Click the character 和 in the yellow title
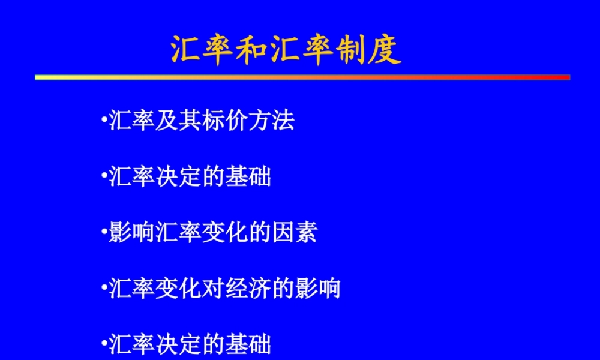tap(254, 50)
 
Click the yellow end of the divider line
tap(38, 77)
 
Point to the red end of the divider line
tap(566, 77)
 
